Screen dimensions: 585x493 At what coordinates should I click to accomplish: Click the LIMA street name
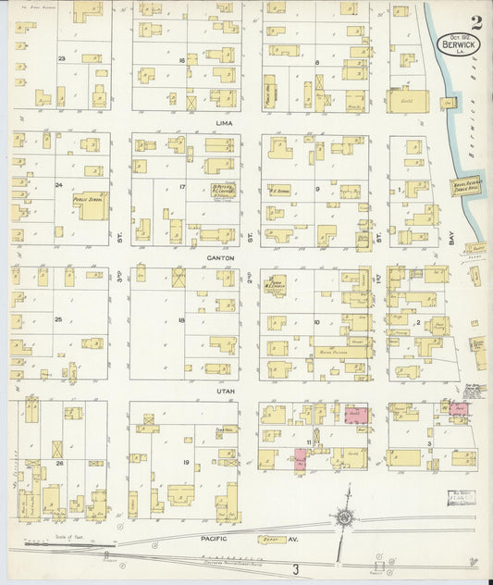tap(220, 121)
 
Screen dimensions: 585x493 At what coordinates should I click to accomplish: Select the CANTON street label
tap(220, 258)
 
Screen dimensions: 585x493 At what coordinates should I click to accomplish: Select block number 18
tap(182, 320)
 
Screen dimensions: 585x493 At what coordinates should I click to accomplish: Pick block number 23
tap(62, 58)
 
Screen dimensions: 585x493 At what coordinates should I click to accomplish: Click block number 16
tap(182, 59)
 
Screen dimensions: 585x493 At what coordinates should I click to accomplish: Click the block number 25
tap(59, 319)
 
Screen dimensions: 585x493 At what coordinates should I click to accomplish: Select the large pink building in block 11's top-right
tap(355, 415)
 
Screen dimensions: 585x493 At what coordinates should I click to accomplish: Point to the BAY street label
tap(452, 238)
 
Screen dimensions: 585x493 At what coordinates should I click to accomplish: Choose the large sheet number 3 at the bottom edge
tap(295, 567)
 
